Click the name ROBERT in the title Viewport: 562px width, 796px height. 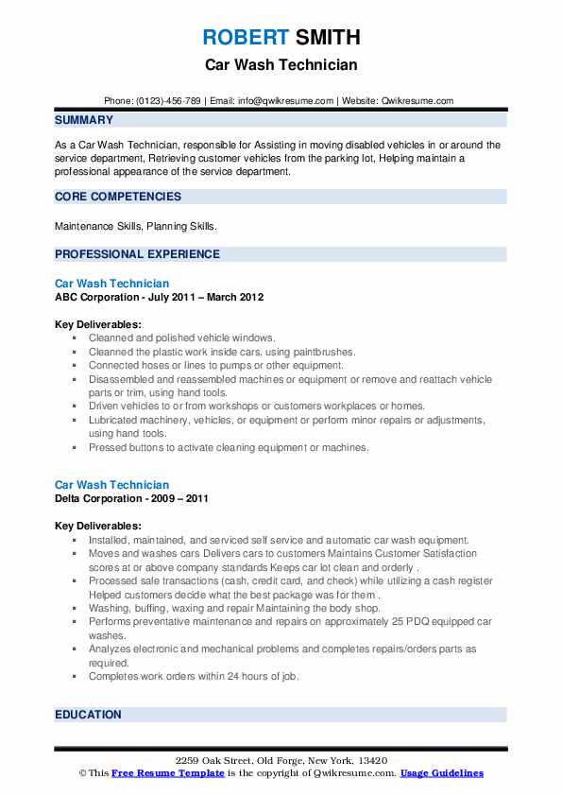(246, 38)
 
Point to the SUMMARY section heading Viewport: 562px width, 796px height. (84, 120)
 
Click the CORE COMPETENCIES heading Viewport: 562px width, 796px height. (118, 197)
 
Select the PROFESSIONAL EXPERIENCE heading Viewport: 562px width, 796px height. (137, 254)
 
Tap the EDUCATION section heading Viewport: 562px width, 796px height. (88, 715)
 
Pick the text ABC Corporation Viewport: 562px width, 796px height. (98, 297)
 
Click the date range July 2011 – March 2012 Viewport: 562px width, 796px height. (206, 297)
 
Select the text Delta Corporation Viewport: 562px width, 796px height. (101, 498)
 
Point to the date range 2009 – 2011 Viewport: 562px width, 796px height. (183, 498)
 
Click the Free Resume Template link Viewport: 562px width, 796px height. (168, 773)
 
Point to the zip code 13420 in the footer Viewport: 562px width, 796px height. (371, 761)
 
